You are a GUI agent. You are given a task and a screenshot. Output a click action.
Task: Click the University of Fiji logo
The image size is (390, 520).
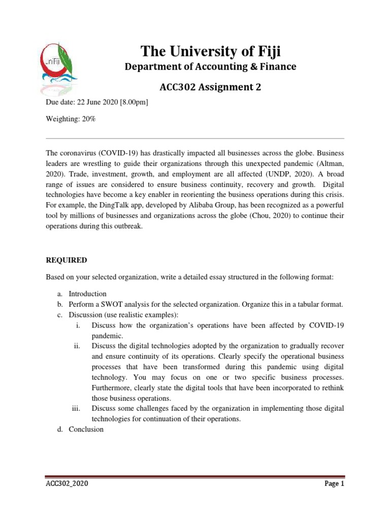(x=59, y=68)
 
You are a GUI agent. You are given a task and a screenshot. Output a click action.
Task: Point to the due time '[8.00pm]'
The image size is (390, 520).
(x=134, y=102)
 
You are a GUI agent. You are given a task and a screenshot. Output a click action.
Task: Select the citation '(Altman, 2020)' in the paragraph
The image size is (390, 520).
(x=331, y=164)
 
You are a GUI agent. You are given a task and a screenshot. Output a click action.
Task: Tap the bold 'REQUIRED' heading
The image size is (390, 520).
(x=67, y=260)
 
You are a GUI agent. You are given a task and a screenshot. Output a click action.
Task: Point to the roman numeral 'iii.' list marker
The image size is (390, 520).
(x=77, y=408)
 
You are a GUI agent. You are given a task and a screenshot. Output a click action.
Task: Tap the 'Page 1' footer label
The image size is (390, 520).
(x=334, y=484)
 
